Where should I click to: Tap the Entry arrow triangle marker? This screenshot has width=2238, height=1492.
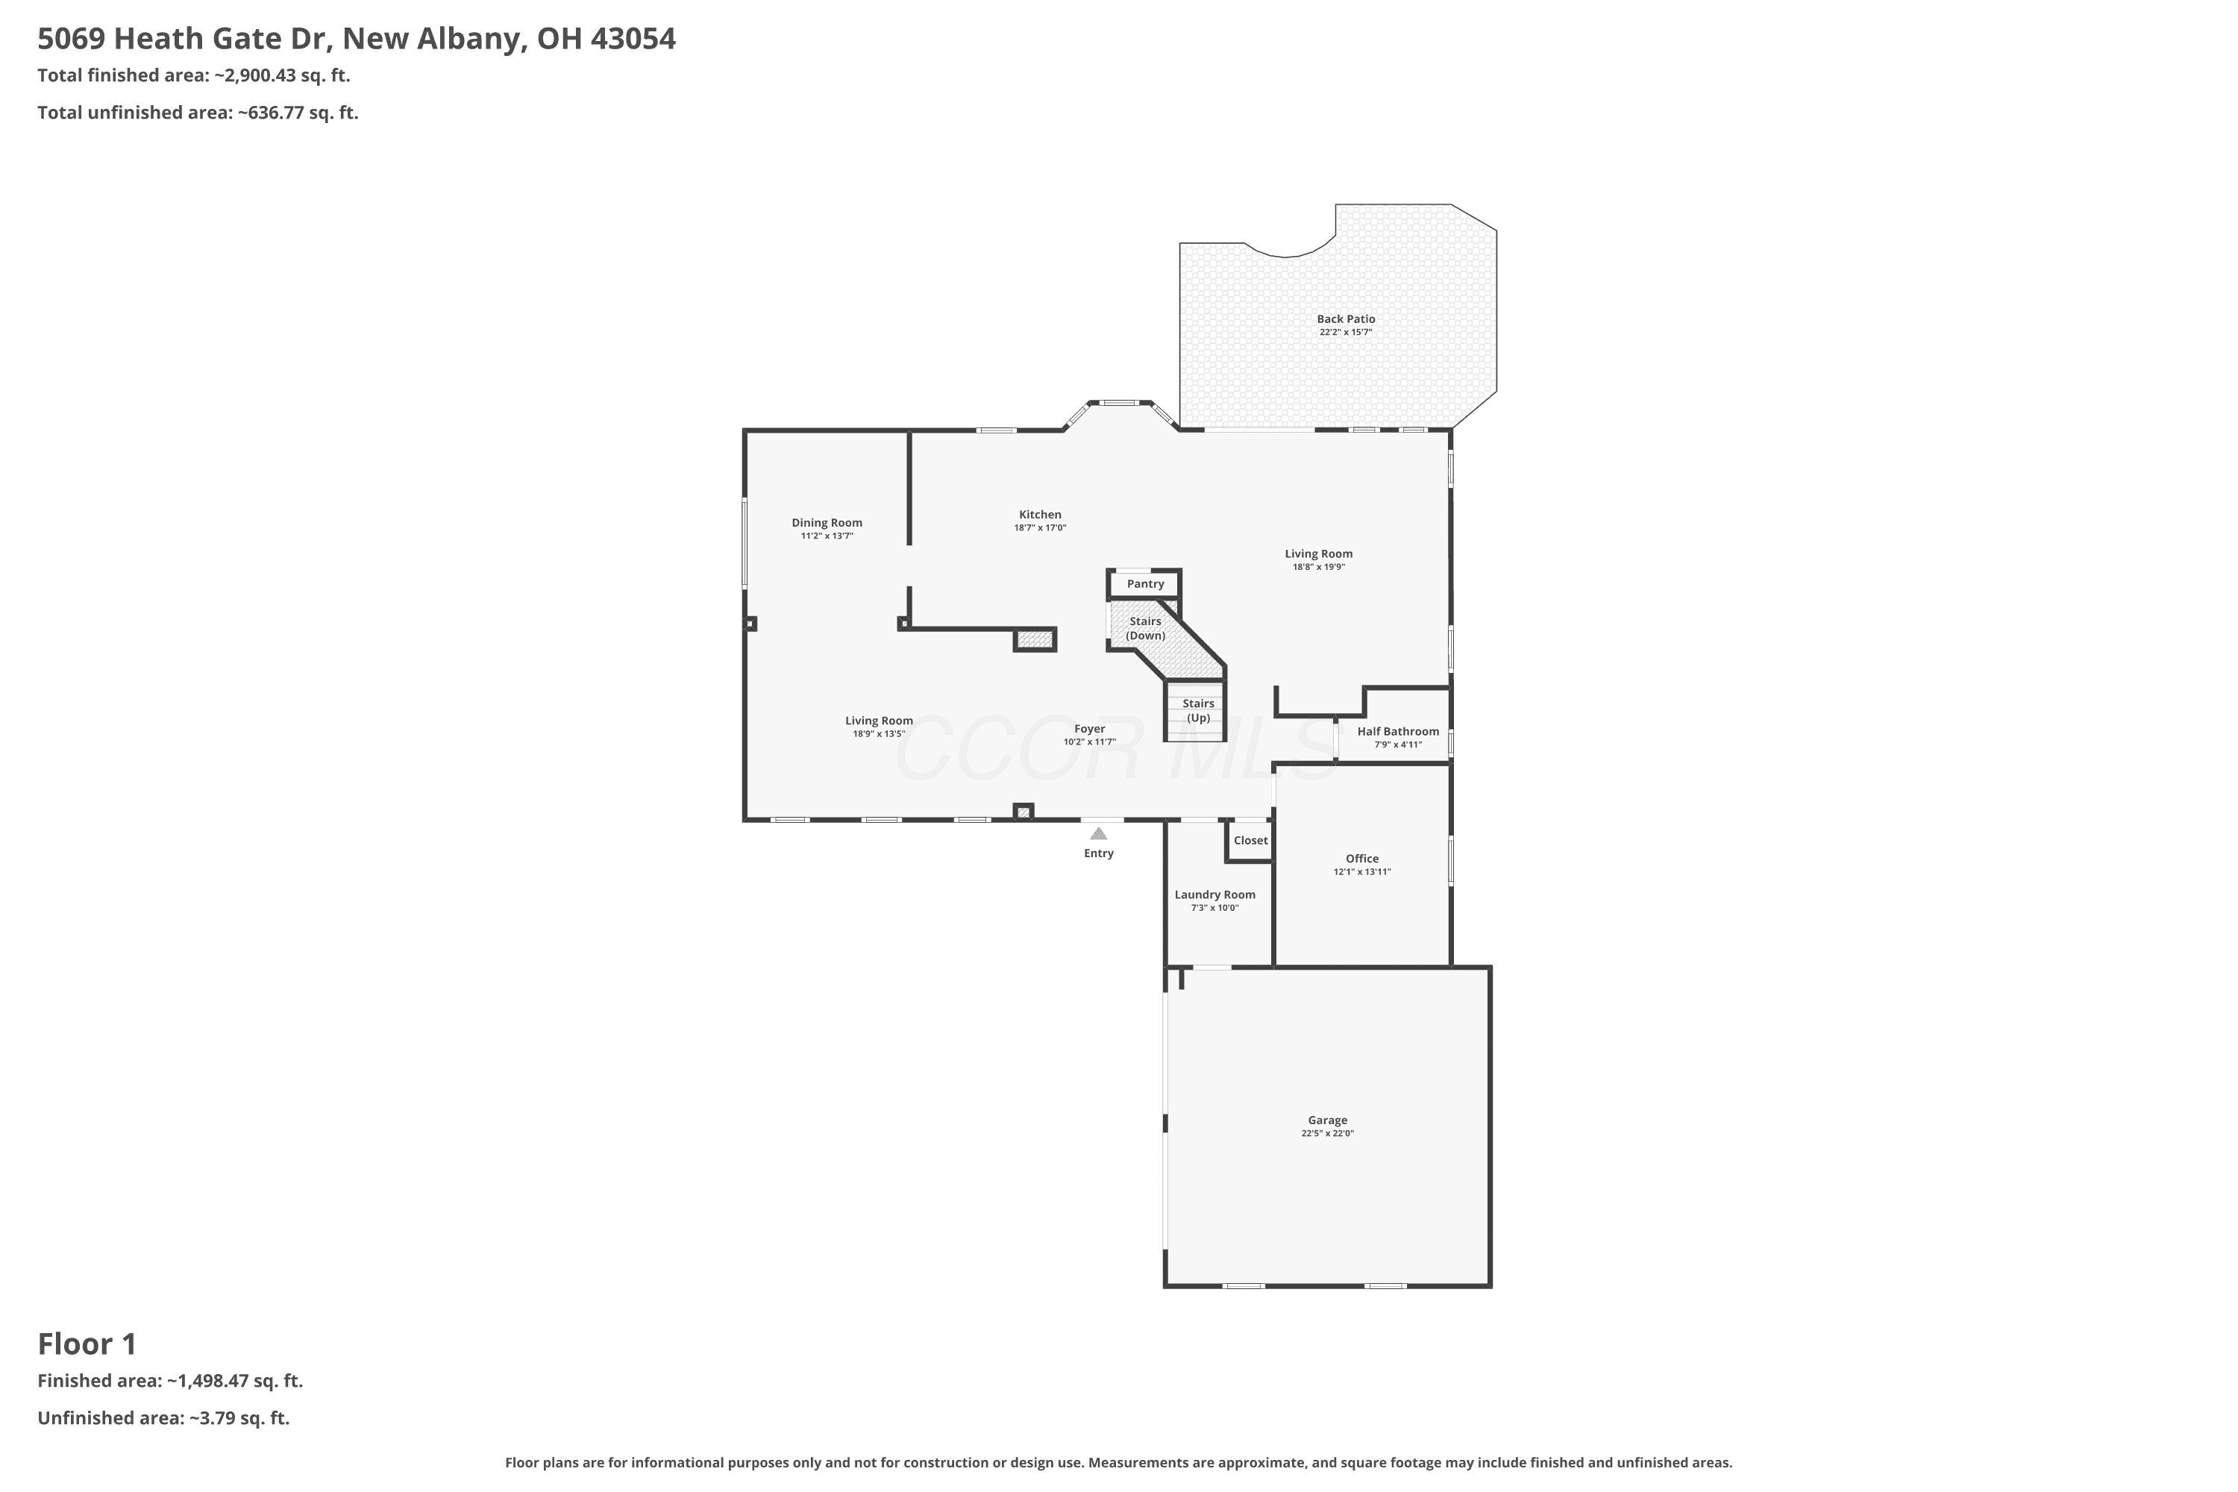[1098, 833]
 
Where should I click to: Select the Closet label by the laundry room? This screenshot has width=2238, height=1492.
[1250, 840]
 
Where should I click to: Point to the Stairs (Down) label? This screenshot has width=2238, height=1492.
[1146, 628]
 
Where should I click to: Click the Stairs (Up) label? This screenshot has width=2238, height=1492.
[1198, 711]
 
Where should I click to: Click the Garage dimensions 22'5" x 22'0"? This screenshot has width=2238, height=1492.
[1327, 1133]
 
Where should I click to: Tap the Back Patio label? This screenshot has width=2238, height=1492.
[1346, 319]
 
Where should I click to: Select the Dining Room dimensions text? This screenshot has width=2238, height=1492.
[827, 536]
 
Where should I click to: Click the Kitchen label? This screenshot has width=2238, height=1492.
[1040, 515]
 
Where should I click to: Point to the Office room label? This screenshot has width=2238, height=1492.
[1361, 859]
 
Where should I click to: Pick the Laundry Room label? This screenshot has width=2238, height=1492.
[1215, 894]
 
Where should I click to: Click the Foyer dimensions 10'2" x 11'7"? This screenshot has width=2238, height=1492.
[1089, 742]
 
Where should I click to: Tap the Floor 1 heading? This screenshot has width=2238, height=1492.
[87, 1344]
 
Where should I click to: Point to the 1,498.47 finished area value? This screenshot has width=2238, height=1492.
[217, 1381]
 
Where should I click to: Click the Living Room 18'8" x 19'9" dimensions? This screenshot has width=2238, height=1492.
[1318, 567]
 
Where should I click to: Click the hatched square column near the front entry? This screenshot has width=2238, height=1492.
[1023, 812]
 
